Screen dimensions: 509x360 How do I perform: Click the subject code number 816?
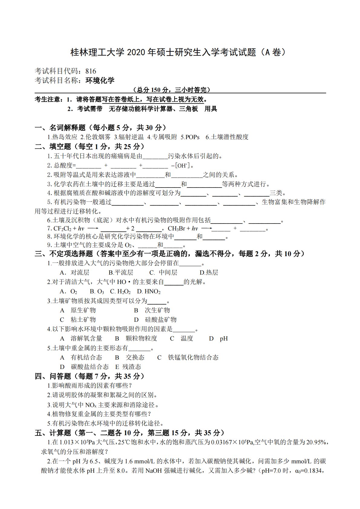91,71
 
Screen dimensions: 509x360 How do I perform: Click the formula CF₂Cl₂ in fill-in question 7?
63,229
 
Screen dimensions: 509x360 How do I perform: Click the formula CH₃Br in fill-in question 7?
176,229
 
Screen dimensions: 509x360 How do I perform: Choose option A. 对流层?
75,272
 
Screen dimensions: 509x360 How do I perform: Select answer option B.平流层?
121,272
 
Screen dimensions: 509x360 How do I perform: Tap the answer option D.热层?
209,272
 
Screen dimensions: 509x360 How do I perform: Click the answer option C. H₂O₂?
120,292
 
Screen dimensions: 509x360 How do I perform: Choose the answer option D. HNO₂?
149,292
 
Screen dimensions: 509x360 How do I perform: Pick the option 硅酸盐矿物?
161,320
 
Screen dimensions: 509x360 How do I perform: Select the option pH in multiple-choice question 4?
224,338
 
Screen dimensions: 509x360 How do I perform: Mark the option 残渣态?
132,367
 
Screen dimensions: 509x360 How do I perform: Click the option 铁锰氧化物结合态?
193,357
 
